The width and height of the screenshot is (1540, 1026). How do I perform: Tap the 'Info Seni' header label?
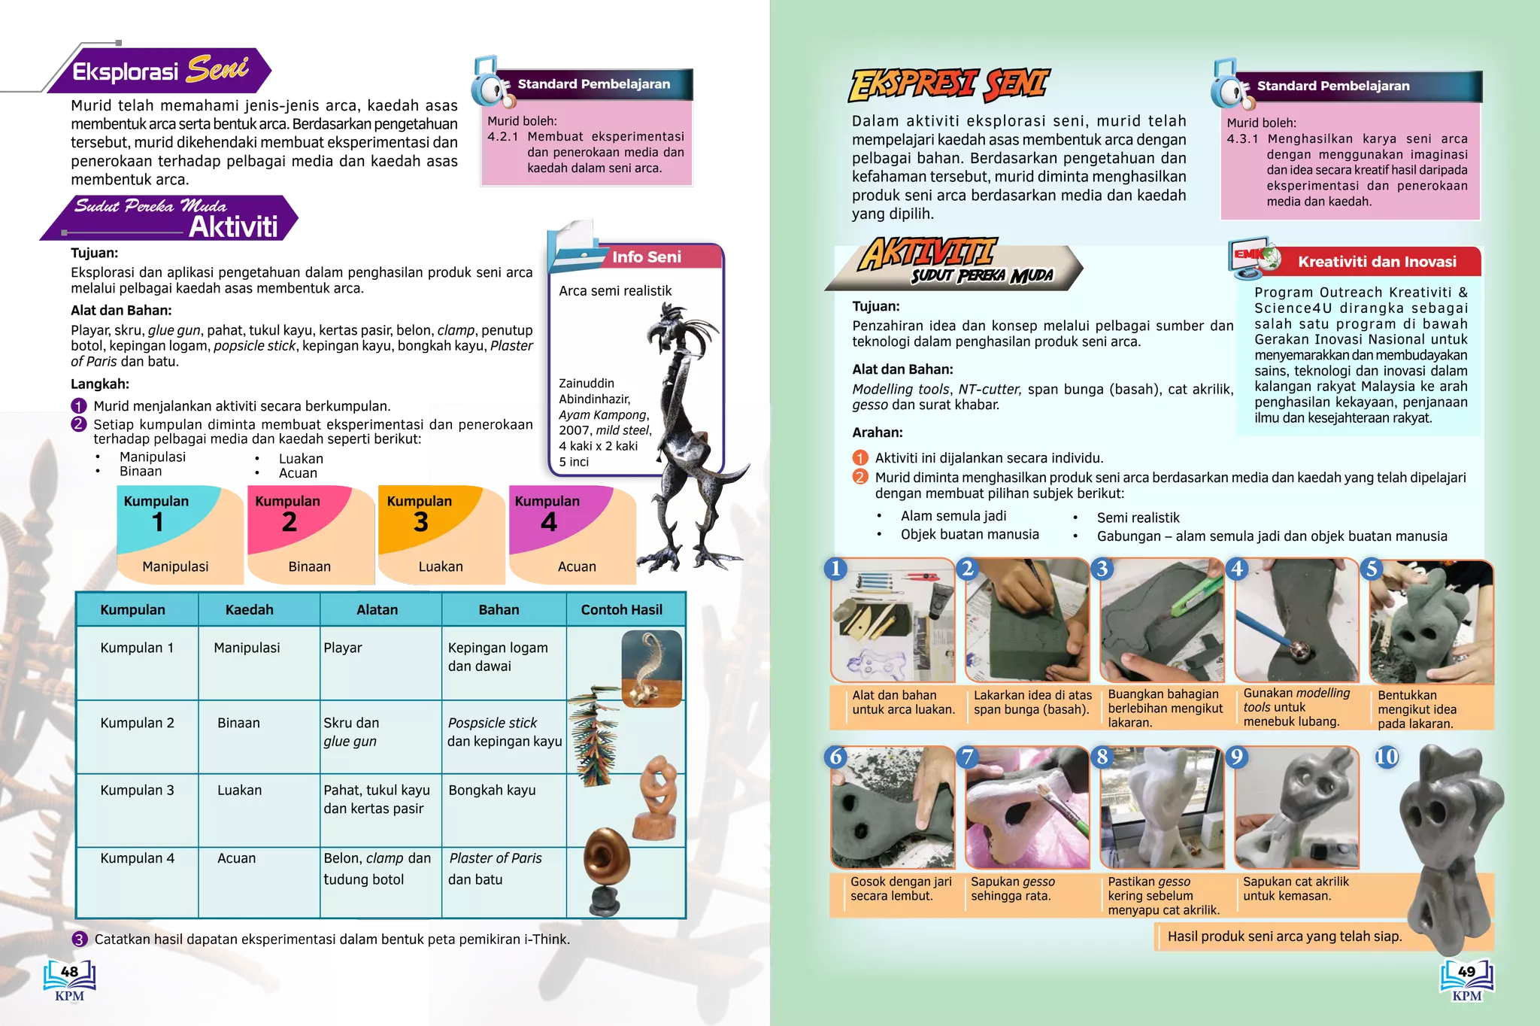pos(646,257)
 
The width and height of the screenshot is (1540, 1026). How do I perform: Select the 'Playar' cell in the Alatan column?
pos(343,648)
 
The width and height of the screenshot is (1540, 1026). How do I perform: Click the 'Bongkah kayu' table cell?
pos(492,790)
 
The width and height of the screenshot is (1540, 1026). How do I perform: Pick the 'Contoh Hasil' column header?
pos(621,609)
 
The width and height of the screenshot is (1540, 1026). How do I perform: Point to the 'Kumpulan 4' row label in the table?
pos(137,858)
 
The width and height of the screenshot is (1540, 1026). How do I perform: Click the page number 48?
pos(69,972)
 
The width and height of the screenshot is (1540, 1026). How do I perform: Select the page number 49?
pos(1466,972)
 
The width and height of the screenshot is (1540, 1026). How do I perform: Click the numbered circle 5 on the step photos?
pos(1372,569)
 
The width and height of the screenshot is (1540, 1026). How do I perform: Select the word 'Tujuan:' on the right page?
pos(875,306)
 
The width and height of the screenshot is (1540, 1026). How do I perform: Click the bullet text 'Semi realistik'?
pos(1138,518)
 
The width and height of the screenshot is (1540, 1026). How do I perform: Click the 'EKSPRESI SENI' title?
pos(949,84)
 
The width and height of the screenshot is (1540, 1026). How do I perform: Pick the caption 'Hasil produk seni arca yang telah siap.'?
pos(1284,936)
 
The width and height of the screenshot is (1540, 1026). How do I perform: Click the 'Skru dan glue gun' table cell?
pos(352,732)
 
